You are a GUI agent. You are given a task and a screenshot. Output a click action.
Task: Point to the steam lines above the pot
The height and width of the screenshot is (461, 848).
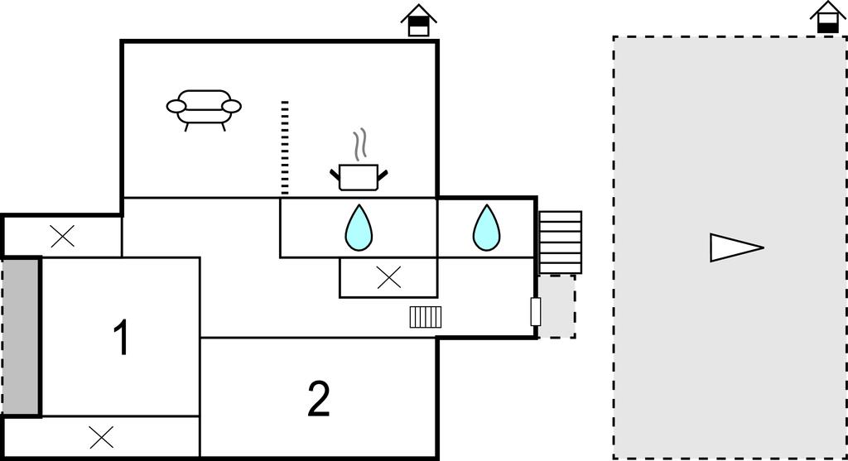click(x=359, y=146)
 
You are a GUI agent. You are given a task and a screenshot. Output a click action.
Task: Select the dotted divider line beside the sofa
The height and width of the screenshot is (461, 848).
click(x=285, y=147)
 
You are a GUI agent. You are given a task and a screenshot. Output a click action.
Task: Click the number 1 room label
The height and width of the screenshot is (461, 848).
click(x=121, y=338)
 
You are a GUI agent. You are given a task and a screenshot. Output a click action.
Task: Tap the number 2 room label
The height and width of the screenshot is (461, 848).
click(x=319, y=400)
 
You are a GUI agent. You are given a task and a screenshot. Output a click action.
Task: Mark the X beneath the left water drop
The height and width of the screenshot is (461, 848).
click(x=388, y=278)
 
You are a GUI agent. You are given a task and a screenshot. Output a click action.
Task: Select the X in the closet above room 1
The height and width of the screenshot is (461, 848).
click(x=62, y=237)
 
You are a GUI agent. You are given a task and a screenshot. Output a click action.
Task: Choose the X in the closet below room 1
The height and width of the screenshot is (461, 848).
click(x=101, y=437)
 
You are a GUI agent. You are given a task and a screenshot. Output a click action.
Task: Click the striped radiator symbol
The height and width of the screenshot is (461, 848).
click(x=426, y=317)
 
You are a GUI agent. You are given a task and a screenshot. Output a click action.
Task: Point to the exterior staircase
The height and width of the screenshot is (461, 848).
click(x=560, y=242)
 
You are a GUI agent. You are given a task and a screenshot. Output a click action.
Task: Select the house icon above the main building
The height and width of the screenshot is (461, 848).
click(x=419, y=20)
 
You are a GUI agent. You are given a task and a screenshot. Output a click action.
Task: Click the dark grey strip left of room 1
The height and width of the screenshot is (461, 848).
click(x=22, y=337)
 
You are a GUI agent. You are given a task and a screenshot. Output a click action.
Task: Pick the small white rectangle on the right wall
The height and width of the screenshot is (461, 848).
click(x=535, y=312)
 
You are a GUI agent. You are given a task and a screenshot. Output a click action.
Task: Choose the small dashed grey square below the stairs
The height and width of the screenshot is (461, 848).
click(x=557, y=306)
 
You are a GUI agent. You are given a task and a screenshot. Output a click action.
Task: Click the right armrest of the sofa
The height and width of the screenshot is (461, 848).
click(x=232, y=106)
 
